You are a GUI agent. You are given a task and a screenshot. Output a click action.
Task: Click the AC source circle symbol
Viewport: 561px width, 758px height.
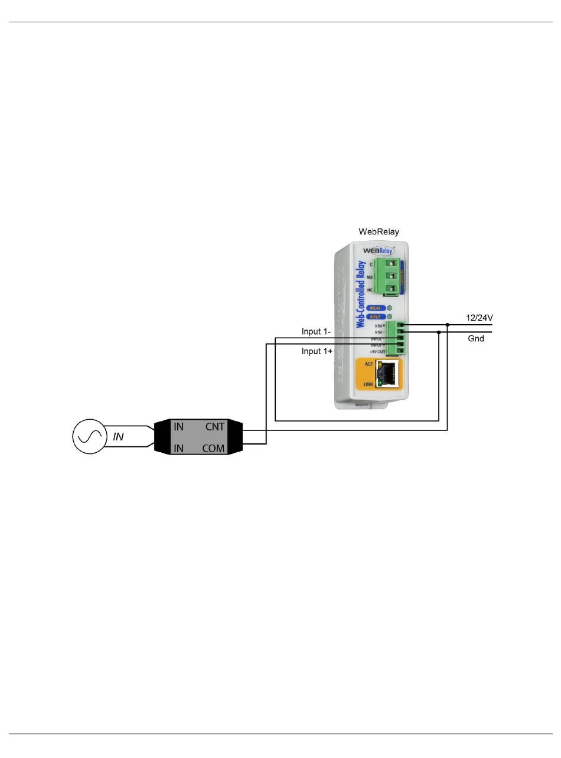coord(89,436)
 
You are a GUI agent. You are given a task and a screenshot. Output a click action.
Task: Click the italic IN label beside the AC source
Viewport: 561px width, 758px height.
coord(118,437)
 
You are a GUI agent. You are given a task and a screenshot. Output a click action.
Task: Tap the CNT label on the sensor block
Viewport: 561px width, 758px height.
coord(214,426)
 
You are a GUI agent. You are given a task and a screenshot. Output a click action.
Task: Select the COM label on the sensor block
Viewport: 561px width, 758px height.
coord(213,448)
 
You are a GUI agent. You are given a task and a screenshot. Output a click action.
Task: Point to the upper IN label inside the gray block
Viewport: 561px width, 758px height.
coord(178,426)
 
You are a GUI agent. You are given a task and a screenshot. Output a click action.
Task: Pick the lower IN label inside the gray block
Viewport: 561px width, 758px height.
coord(178,448)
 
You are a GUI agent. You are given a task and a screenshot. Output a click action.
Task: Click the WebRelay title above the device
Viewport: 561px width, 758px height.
coord(379,231)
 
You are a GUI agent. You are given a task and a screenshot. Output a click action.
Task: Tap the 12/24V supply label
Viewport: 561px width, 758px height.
coord(479,318)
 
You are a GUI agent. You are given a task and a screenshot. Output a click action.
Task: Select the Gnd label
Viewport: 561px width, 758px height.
coord(475,338)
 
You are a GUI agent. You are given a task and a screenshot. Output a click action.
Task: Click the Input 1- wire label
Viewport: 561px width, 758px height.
coord(317,332)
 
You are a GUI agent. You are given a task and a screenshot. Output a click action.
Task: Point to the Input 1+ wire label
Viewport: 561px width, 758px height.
coord(317,351)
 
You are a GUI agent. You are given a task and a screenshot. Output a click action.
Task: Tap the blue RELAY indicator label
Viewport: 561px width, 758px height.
coord(375,308)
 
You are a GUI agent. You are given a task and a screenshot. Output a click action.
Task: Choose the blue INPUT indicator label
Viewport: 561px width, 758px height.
coord(375,317)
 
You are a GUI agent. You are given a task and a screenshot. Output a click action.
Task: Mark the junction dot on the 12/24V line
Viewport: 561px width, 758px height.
coord(448,325)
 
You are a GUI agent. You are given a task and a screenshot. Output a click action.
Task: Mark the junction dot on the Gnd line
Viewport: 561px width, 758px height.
coord(438,332)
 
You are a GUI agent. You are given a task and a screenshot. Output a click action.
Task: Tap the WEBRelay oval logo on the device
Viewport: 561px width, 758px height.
coord(378,250)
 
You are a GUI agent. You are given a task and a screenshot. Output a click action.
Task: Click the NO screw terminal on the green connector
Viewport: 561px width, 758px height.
coord(389,276)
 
